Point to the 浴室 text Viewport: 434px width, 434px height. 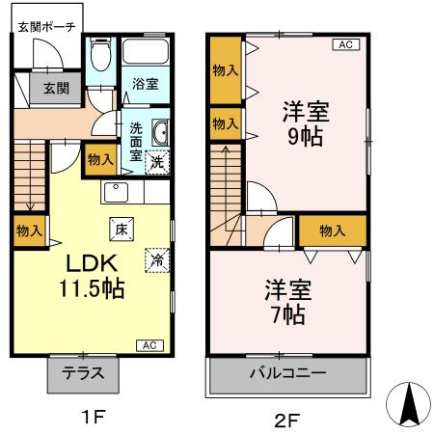[x=145, y=85]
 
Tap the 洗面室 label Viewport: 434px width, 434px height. [x=136, y=141]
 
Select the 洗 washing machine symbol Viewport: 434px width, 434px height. [x=158, y=163]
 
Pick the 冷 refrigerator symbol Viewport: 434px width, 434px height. [x=154, y=259]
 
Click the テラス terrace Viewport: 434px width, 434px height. [x=83, y=372]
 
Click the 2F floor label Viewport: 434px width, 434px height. [x=287, y=419]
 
